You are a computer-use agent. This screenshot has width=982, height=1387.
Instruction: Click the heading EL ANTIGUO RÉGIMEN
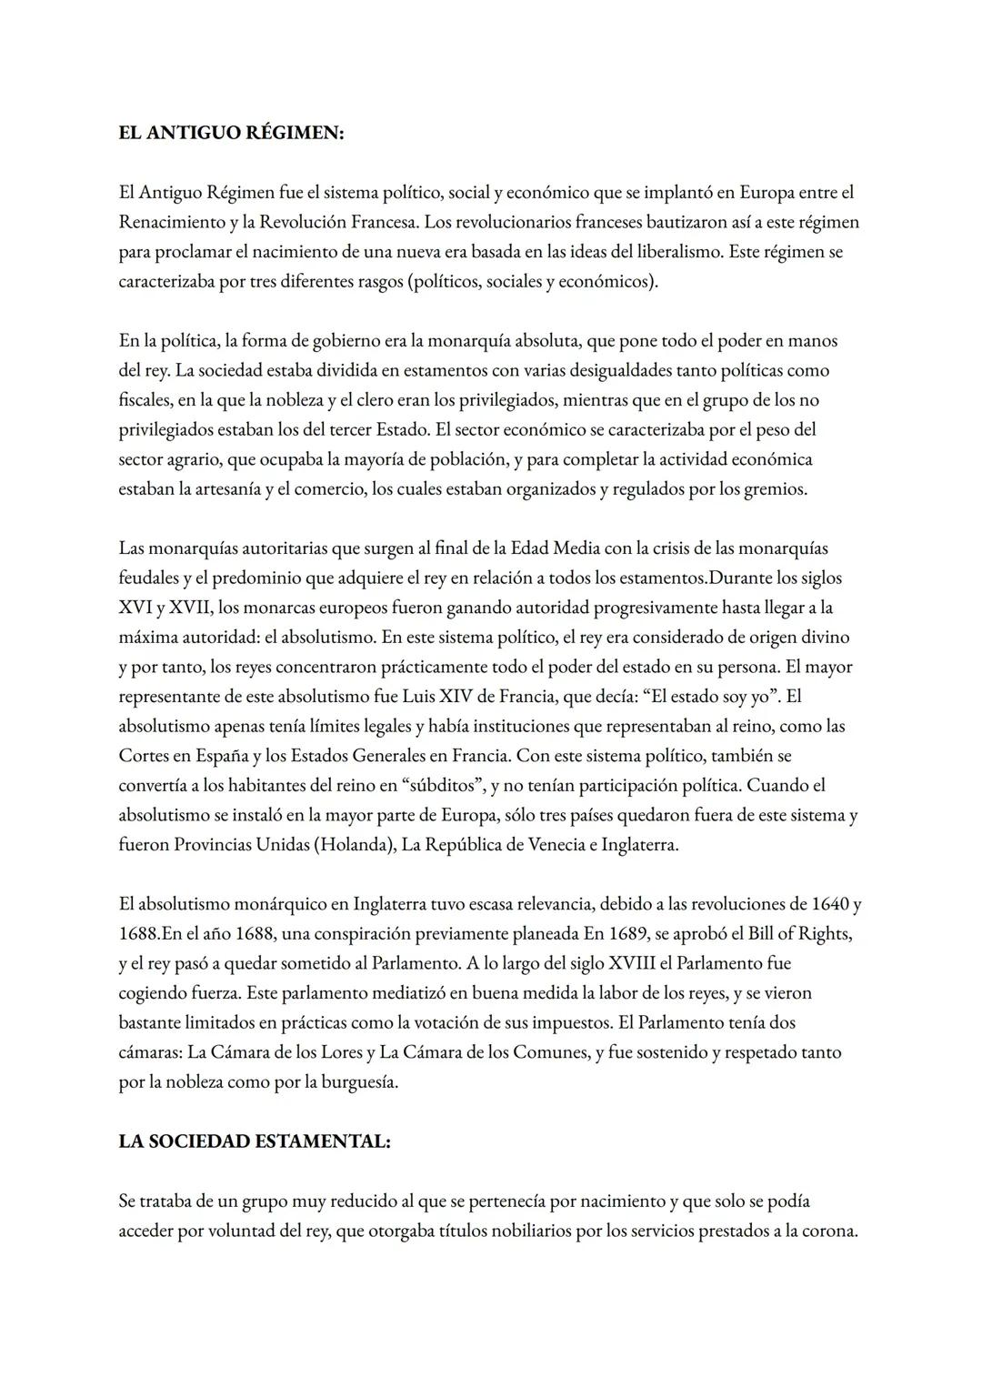pos(231,133)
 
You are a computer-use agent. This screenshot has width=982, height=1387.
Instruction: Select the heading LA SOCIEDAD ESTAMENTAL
pos(255,1141)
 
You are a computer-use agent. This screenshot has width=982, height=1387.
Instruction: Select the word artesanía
pos(227,489)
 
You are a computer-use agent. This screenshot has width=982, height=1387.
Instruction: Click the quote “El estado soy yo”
pos(692,697)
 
